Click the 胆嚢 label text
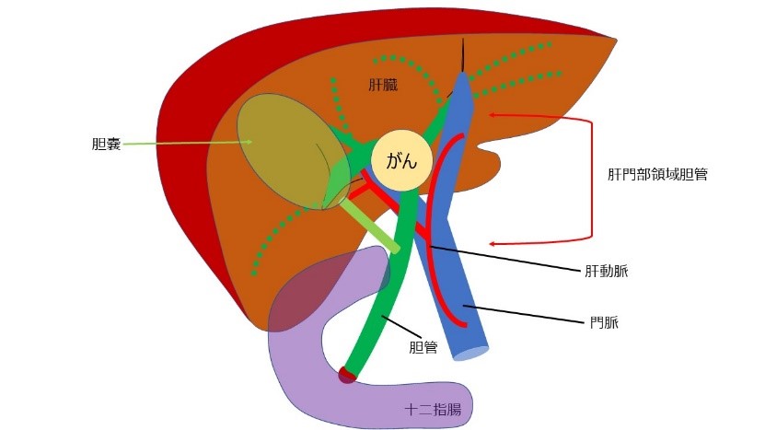point(107,144)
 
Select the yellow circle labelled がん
point(401,163)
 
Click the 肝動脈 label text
point(607,272)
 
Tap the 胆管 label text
point(423,348)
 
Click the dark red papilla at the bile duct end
point(346,374)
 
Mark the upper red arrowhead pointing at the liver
point(493,114)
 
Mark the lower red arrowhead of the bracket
point(493,244)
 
